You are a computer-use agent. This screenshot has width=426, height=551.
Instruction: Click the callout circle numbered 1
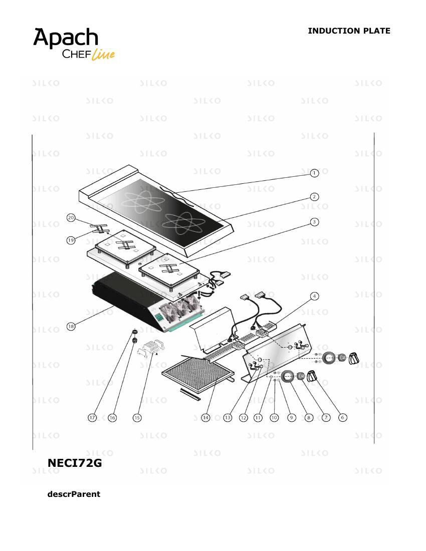(314, 173)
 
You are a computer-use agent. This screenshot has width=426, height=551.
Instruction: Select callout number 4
(314, 296)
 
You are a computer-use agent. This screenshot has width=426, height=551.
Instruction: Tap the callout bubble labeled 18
(71, 327)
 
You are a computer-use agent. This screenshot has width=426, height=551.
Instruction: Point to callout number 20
(71, 218)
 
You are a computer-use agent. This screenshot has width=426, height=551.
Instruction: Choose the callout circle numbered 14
(205, 417)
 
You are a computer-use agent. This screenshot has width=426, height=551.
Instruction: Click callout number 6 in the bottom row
(343, 417)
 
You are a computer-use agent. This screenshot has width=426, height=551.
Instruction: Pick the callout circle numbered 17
(92, 417)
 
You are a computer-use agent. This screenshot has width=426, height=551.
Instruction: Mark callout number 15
(137, 417)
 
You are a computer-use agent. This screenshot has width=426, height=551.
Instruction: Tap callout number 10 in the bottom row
(274, 417)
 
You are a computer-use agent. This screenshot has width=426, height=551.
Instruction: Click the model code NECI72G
(75, 463)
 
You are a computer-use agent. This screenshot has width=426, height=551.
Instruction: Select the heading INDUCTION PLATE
(349, 31)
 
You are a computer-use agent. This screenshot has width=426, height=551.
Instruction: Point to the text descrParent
(74, 494)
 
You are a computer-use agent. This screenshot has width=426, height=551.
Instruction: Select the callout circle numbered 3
(314, 222)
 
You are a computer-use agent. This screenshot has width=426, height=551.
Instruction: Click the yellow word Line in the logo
(103, 55)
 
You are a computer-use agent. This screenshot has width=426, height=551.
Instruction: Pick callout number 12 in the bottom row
(243, 417)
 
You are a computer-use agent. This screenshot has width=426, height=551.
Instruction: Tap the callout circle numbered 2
(314, 197)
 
